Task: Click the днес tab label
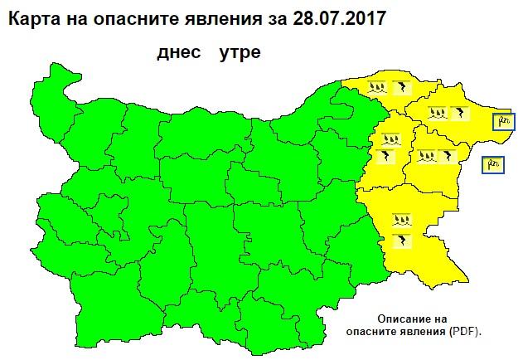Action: pos(178,54)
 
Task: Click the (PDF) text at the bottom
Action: pos(463,330)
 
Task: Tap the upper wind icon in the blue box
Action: pos(503,122)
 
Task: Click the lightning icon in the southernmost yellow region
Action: pos(403,240)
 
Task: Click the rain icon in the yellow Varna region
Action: pos(426,154)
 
